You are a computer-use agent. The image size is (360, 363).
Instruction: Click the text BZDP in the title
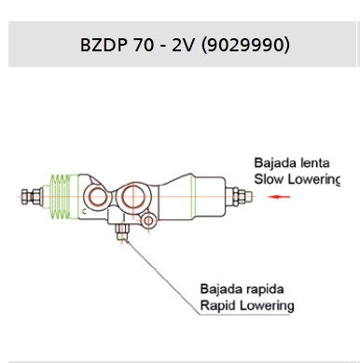point(104,45)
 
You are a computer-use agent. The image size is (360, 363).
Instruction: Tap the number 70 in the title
point(144,45)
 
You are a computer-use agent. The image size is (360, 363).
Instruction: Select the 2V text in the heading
point(183,45)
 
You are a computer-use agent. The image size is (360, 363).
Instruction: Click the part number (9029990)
point(245,45)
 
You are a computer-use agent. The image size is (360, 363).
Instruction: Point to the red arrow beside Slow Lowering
point(279,197)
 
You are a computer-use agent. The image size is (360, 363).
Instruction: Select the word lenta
point(315,163)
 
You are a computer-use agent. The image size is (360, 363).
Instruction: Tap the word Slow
point(269,179)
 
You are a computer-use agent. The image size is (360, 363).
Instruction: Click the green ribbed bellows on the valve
point(61,196)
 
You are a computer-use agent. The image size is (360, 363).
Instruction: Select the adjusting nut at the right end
point(239,197)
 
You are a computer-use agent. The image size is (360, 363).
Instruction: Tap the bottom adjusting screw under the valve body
point(122,231)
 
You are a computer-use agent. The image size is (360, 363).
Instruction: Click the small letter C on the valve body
point(84,212)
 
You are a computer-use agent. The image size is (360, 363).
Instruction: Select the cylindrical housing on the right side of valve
point(191,197)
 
